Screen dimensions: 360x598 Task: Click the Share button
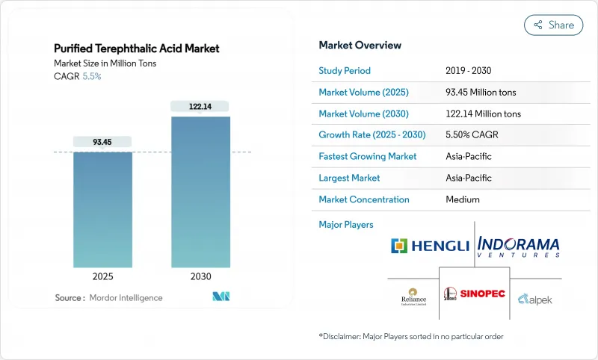(553, 25)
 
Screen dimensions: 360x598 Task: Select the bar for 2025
(102, 211)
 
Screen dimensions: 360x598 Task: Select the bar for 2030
(200, 194)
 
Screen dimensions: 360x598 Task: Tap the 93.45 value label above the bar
(102, 142)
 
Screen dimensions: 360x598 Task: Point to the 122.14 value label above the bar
(200, 107)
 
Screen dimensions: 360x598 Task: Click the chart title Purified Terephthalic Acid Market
(137, 49)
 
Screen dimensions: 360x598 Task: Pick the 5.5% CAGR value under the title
(91, 76)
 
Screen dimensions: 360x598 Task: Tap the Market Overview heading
(360, 46)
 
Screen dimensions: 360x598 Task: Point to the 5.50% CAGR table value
(471, 135)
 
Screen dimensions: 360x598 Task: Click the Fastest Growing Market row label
(368, 157)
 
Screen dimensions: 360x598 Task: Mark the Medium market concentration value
(462, 199)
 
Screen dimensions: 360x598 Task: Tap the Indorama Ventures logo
(517, 246)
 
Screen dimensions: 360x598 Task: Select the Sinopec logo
(474, 293)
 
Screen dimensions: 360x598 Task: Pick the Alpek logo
(534, 297)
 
